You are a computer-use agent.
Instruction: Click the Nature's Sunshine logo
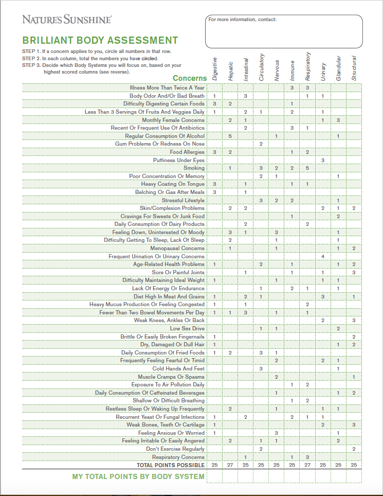(67, 20)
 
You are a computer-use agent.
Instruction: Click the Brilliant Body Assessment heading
(100, 41)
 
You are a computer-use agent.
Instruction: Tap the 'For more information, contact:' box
(284, 31)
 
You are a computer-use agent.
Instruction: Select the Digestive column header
(215, 68)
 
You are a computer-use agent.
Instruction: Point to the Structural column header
(354, 68)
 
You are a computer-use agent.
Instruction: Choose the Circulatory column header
(261, 67)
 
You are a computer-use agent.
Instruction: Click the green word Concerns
(190, 78)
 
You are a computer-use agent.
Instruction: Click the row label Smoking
(194, 168)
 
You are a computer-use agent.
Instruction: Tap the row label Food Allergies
(187, 152)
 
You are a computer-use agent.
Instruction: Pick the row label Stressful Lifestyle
(183, 200)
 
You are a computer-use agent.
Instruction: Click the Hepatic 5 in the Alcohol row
(230, 136)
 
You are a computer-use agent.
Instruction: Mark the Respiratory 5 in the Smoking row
(307, 168)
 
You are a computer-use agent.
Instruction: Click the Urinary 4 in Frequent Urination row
(323, 256)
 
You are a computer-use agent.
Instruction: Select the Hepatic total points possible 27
(230, 465)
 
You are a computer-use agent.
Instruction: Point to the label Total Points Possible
(170, 465)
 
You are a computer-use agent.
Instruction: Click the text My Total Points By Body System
(138, 476)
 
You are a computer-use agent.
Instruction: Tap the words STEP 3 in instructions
(30, 65)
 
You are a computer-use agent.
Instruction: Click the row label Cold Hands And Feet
(178, 368)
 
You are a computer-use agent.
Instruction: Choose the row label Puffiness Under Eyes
(178, 160)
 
